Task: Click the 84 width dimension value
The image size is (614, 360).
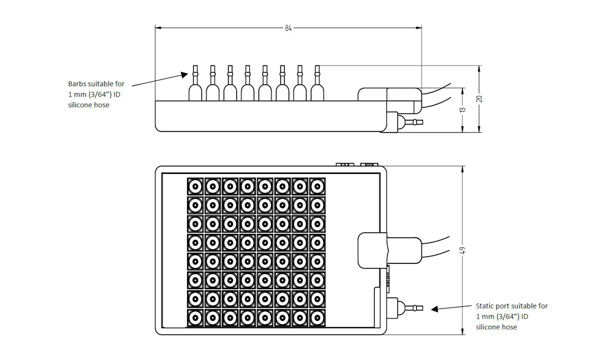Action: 288,28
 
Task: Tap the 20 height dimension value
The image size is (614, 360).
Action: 479,99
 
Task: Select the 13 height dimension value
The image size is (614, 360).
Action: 463,110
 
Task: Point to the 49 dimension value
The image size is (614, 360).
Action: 463,250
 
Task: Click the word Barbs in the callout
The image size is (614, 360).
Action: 77,84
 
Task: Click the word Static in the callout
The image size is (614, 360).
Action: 485,306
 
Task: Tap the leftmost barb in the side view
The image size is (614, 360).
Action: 195,83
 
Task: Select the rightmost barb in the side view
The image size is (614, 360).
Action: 317,83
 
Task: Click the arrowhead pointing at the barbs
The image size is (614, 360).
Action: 185,74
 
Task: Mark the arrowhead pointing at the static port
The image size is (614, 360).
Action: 435,309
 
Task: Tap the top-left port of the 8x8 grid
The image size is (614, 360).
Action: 195,187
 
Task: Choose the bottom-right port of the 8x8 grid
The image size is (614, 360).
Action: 317,318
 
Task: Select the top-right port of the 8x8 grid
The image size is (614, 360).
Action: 317,187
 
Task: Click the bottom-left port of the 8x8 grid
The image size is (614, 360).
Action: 195,318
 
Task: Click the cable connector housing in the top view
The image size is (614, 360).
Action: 390,250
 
